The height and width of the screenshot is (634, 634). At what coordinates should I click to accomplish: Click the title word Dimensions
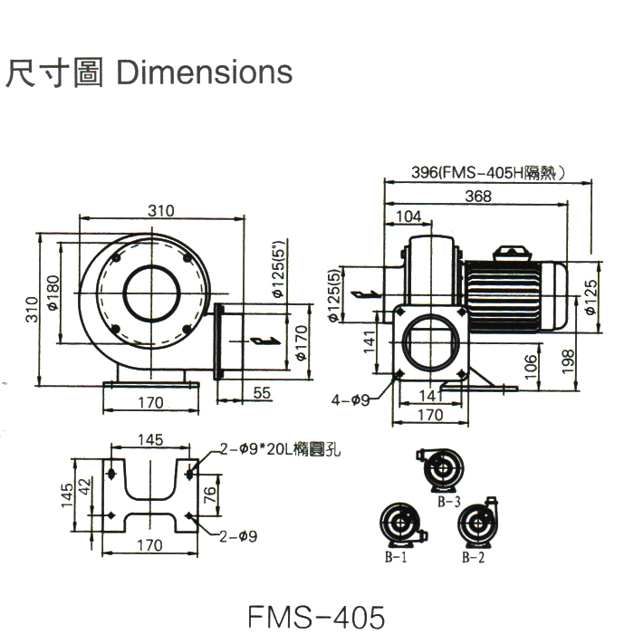coord(206,72)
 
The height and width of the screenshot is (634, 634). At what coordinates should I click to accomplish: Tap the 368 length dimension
coord(477,196)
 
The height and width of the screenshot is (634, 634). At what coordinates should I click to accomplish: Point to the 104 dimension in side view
coord(409,216)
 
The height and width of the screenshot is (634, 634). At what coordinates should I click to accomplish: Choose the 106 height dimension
coord(532,366)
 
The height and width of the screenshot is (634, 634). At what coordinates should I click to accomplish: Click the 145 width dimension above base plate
coord(151,440)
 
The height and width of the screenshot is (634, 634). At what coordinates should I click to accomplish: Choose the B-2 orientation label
coord(473,560)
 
